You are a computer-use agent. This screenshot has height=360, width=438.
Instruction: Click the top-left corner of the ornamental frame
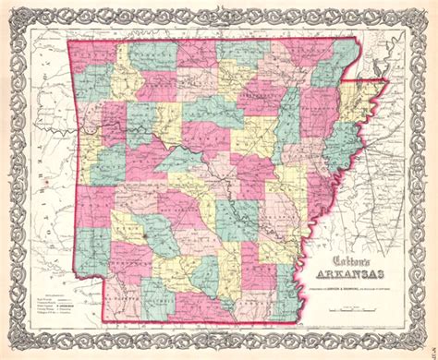point(8,8)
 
